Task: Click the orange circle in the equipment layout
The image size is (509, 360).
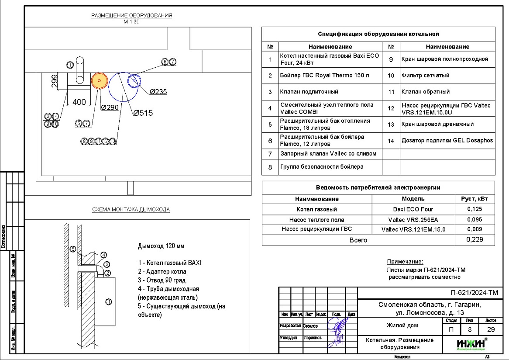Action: click(x=99, y=81)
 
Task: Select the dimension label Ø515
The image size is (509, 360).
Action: click(x=143, y=113)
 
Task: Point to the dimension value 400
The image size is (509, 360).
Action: click(x=79, y=102)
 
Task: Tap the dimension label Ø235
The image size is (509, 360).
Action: click(x=158, y=92)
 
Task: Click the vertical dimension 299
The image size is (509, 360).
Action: click(x=55, y=82)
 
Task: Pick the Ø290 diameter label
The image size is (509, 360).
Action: click(x=110, y=107)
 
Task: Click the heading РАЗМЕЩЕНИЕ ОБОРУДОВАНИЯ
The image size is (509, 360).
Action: click(x=131, y=16)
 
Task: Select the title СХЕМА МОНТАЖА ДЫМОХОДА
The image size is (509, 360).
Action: click(x=131, y=210)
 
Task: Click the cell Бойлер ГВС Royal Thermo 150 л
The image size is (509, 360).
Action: click(x=324, y=75)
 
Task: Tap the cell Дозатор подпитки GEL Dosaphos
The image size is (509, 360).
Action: click(x=447, y=141)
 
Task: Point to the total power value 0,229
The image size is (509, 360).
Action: click(x=475, y=240)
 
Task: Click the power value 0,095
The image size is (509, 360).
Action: click(x=475, y=220)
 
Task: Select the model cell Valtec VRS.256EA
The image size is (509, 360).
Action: click(x=413, y=220)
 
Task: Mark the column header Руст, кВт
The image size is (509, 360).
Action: click(x=475, y=199)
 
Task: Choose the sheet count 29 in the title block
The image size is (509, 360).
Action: click(x=487, y=329)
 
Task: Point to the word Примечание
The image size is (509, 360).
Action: click(x=405, y=262)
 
